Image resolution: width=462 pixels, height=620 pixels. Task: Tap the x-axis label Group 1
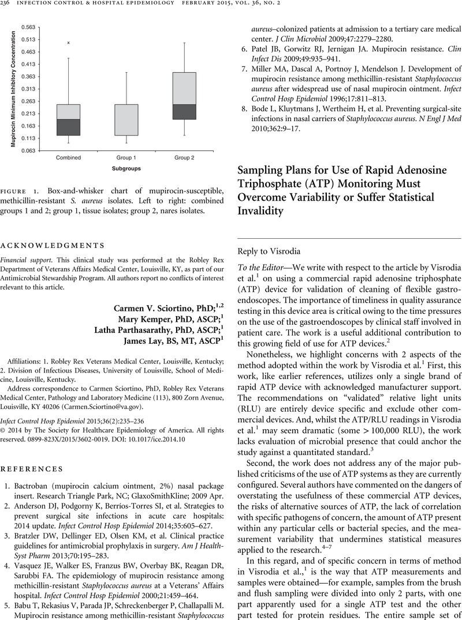click(x=126, y=157)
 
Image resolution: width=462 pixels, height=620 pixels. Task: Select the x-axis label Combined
click(x=68, y=157)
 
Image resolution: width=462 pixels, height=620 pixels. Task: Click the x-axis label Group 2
click(x=184, y=157)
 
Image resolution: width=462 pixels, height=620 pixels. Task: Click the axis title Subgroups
click(x=126, y=169)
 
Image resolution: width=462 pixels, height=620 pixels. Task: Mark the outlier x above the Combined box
click(x=68, y=43)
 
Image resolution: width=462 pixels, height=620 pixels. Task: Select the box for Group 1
click(x=126, y=120)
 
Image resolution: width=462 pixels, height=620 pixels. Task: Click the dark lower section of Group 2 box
click(x=184, y=112)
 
